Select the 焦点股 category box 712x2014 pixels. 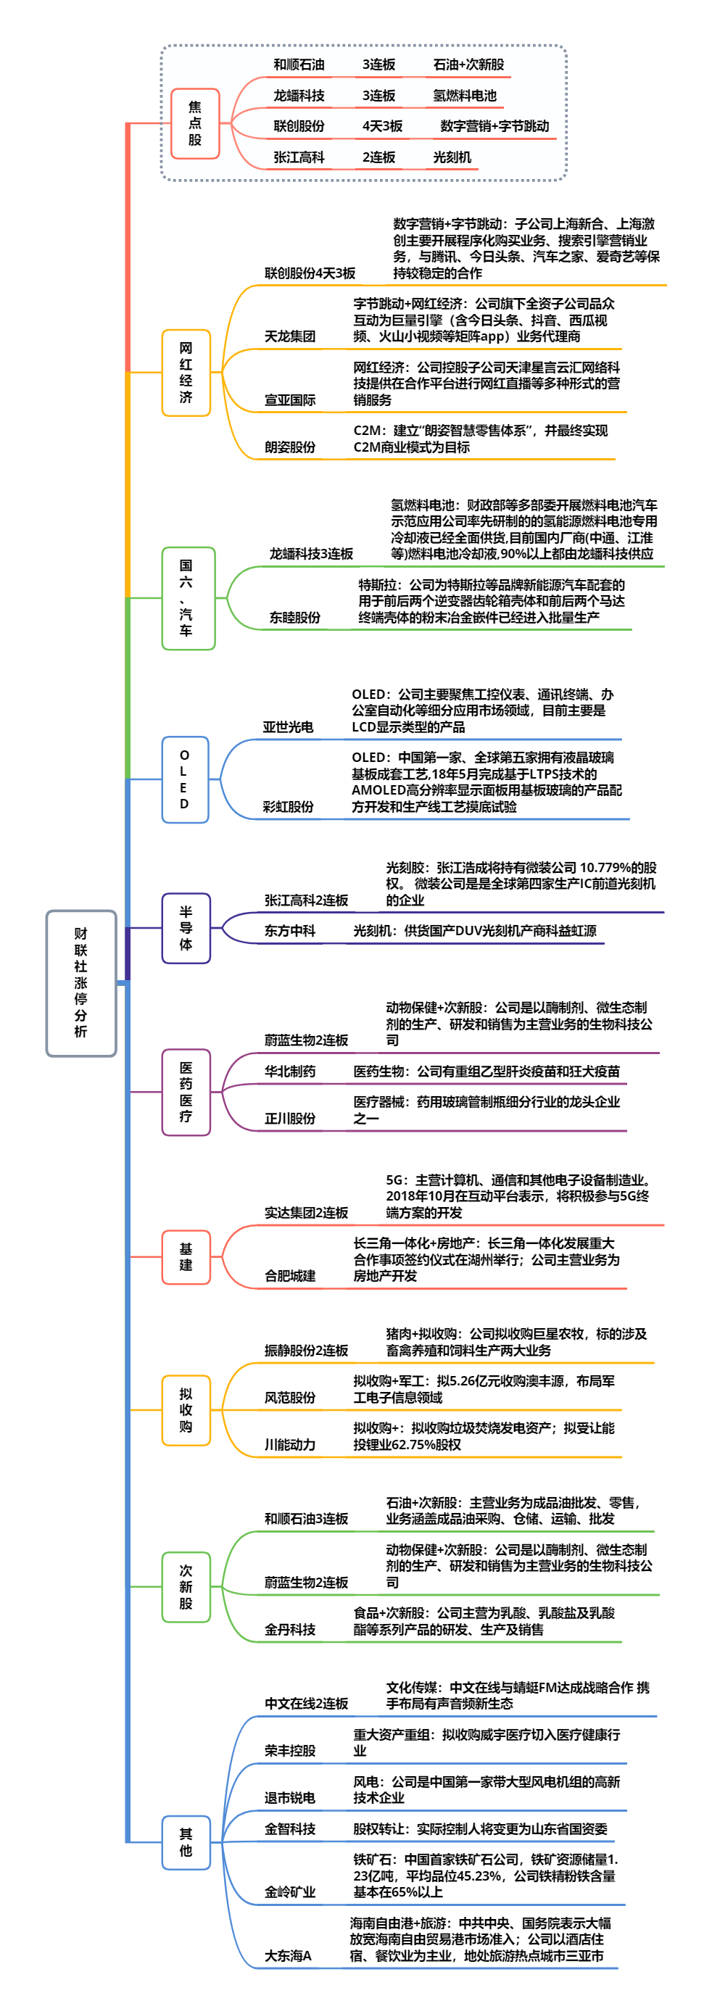[194, 123]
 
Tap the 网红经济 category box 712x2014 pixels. [186, 372]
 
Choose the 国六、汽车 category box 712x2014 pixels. [188, 597]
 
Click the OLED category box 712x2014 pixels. [184, 779]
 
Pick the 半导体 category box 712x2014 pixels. [186, 927]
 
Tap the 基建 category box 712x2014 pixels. [186, 1256]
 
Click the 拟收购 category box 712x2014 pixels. [186, 1409]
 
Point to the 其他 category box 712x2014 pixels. [186, 1842]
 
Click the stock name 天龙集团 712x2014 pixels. [290, 336]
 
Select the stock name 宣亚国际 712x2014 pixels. [290, 400]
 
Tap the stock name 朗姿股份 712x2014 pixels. [290, 447]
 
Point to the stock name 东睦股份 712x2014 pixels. [294, 618]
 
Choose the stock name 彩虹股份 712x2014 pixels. [289, 807]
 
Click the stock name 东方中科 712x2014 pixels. [290, 930]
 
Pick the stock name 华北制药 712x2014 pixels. [290, 1071]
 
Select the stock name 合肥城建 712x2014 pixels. [290, 1276]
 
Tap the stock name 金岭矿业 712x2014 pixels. [290, 1892]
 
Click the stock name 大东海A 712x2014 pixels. [289, 1955]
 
